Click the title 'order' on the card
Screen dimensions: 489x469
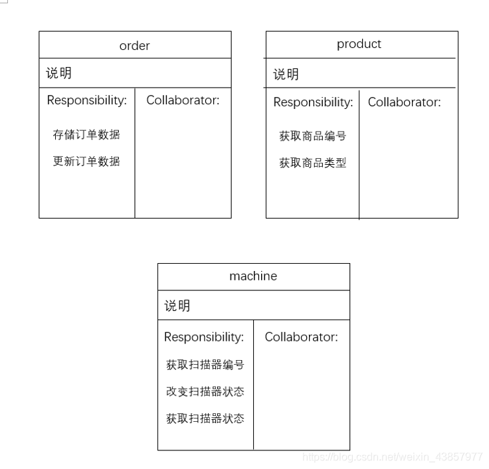[134, 46]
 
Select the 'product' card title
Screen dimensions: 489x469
[359, 44]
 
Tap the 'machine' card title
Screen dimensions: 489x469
[253, 276]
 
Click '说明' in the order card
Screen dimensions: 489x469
[59, 73]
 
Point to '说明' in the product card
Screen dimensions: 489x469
[286, 74]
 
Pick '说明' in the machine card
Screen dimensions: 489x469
[177, 306]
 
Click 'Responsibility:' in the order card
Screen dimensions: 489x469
[86, 100]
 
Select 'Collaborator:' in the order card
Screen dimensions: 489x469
[183, 100]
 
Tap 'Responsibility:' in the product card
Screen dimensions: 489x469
[313, 102]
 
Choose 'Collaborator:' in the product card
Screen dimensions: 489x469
[404, 102]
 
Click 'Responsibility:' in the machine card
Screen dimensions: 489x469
[204, 337]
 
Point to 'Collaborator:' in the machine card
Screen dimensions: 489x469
[301, 337]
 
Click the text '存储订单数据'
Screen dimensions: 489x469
[86, 134]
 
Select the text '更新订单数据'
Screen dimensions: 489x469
[86, 161]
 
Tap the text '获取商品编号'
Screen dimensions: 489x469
[312, 136]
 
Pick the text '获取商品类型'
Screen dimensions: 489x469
[312, 163]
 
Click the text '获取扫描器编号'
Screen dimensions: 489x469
[205, 365]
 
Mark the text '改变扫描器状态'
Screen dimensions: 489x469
[205, 391]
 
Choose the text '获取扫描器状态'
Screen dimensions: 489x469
[205, 419]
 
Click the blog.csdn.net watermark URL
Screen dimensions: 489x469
[392, 457]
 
